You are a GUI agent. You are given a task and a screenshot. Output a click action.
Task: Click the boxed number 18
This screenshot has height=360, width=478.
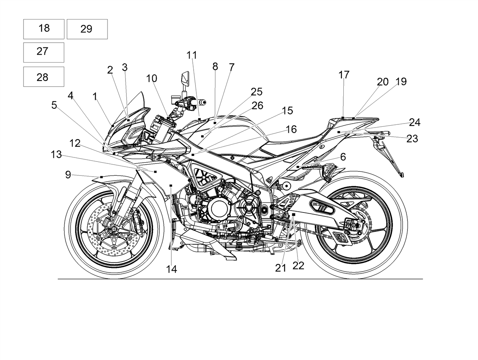[x=44, y=28]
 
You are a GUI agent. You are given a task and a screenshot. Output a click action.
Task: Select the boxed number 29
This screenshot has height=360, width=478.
[x=86, y=29]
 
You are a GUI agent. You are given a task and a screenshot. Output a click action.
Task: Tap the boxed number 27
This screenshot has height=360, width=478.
[x=42, y=51]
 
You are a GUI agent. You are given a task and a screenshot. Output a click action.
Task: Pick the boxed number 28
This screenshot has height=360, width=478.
[x=42, y=77]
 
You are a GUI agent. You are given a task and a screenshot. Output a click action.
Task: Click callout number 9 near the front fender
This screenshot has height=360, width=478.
[x=68, y=175]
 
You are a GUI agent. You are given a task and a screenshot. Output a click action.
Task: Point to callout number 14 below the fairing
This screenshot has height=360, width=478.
[x=172, y=270]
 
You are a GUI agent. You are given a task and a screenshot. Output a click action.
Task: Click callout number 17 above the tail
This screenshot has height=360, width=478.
[x=344, y=75]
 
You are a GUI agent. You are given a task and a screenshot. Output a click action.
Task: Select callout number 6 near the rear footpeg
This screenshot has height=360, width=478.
[x=343, y=157]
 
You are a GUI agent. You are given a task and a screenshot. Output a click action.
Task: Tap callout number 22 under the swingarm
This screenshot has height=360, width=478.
[x=298, y=266]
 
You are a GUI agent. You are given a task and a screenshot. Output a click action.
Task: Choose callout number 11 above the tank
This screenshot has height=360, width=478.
[x=192, y=55]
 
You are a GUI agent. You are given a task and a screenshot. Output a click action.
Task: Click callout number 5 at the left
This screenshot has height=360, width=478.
[x=54, y=105]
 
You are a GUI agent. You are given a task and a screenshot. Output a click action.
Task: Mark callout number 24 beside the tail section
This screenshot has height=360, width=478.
[x=415, y=122]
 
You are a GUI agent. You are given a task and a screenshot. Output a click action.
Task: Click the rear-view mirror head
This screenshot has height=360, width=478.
[x=186, y=78]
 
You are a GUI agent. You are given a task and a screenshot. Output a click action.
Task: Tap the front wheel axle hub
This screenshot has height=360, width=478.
[x=114, y=228]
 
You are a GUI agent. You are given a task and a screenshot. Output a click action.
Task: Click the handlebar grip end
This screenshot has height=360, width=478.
[x=202, y=102]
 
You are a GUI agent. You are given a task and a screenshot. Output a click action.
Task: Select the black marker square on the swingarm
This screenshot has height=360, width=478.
[x=294, y=214]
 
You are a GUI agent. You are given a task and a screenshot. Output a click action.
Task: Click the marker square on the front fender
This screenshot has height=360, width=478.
[x=102, y=177]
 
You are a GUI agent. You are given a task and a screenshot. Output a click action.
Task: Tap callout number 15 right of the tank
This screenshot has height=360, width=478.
[x=288, y=111]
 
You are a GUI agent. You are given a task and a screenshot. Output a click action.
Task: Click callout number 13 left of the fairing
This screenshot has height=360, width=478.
[x=56, y=155]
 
